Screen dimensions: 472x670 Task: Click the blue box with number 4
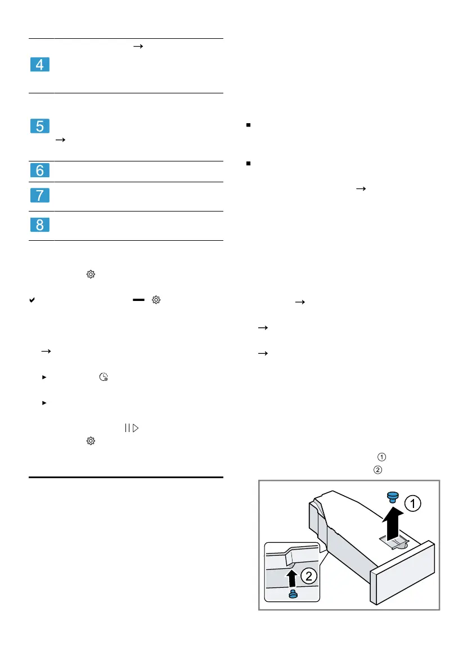click(39, 65)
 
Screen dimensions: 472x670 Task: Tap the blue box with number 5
click(39, 126)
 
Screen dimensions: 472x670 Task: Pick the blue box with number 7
click(39, 196)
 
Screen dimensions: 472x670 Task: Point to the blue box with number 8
click(39, 226)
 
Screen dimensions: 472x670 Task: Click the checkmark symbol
click(32, 301)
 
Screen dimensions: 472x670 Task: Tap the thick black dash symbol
click(138, 301)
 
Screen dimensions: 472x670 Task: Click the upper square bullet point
click(248, 125)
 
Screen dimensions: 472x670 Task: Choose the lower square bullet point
click(248, 164)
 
